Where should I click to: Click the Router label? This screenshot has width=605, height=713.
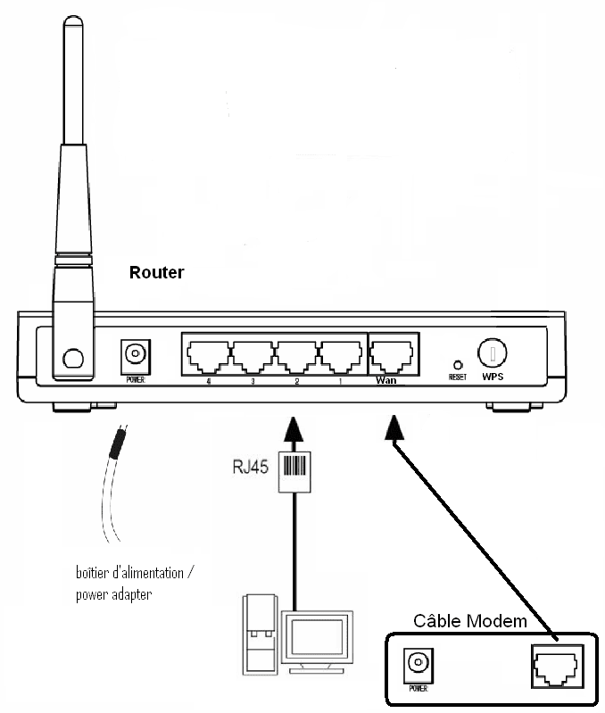coord(156,272)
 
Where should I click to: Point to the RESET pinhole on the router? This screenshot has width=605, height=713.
coord(458,364)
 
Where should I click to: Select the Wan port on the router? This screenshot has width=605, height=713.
coord(393,356)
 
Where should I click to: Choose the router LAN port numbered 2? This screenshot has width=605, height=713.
coord(298,356)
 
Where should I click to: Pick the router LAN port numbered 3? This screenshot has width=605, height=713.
coord(253,356)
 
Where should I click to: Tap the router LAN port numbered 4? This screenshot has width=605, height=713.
coord(207,356)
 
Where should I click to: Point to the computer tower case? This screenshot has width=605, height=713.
coord(260,634)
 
